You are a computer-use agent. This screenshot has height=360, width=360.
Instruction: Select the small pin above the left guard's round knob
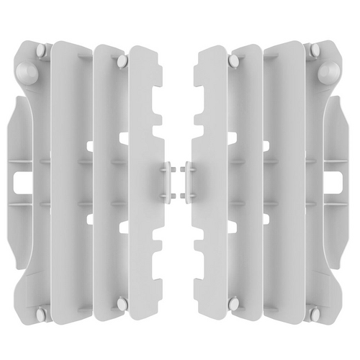pyautogui.click(x=41, y=50)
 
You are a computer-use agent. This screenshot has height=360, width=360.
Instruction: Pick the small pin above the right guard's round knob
pyautogui.click(x=315, y=50)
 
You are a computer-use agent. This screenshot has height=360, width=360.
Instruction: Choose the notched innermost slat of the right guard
pyautogui.click(x=209, y=180)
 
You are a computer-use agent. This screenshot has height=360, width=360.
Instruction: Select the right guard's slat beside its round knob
pyautogui.click(x=288, y=180)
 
